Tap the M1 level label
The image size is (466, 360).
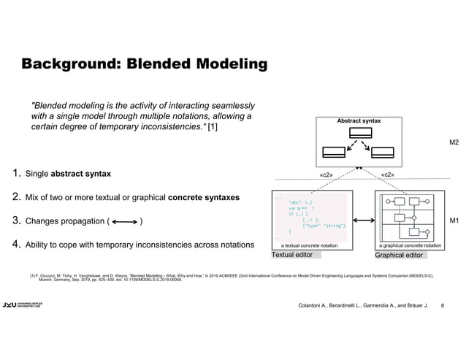[454, 220]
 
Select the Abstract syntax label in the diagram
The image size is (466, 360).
[358, 121]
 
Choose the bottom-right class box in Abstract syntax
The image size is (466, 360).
[383, 152]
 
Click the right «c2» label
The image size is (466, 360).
[389, 175]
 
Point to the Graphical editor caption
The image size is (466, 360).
[399, 256]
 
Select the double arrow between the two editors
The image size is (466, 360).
[363, 220]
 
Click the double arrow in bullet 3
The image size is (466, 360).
[123, 222]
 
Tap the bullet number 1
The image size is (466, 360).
[15, 174]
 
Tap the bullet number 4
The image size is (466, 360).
[15, 244]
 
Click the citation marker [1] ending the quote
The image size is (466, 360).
[213, 128]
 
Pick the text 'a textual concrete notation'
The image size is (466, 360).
[310, 245]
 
